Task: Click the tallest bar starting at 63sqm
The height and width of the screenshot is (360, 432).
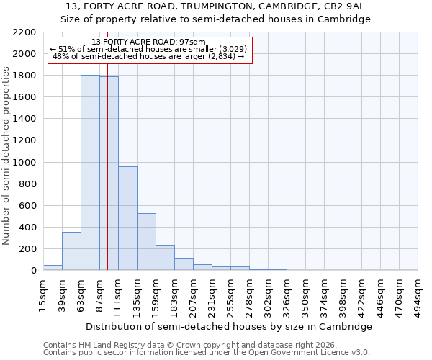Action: [x=90, y=173]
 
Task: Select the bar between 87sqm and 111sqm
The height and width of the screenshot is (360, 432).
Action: [x=109, y=174]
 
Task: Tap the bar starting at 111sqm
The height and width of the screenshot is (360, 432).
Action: [x=127, y=218]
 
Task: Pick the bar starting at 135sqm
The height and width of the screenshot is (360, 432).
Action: [x=146, y=242]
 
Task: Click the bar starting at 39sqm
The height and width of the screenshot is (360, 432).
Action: [x=71, y=251]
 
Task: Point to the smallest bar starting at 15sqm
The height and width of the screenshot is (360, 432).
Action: [x=53, y=267]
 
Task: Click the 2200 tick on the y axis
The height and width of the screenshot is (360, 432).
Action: [x=24, y=32]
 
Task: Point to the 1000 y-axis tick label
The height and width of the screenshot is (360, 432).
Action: [x=24, y=163]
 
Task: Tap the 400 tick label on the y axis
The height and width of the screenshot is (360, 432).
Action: [x=27, y=228]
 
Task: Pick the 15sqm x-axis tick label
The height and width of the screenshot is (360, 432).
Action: [x=43, y=292]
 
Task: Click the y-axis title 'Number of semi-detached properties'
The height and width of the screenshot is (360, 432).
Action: [x=6, y=156]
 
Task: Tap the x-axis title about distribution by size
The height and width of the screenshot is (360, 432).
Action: [x=230, y=326]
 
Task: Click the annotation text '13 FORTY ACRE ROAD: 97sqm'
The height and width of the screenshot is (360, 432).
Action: [x=149, y=42]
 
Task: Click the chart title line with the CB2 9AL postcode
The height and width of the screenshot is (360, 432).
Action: [x=215, y=6]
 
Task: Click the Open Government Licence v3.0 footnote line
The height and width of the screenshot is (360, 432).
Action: [x=207, y=353]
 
